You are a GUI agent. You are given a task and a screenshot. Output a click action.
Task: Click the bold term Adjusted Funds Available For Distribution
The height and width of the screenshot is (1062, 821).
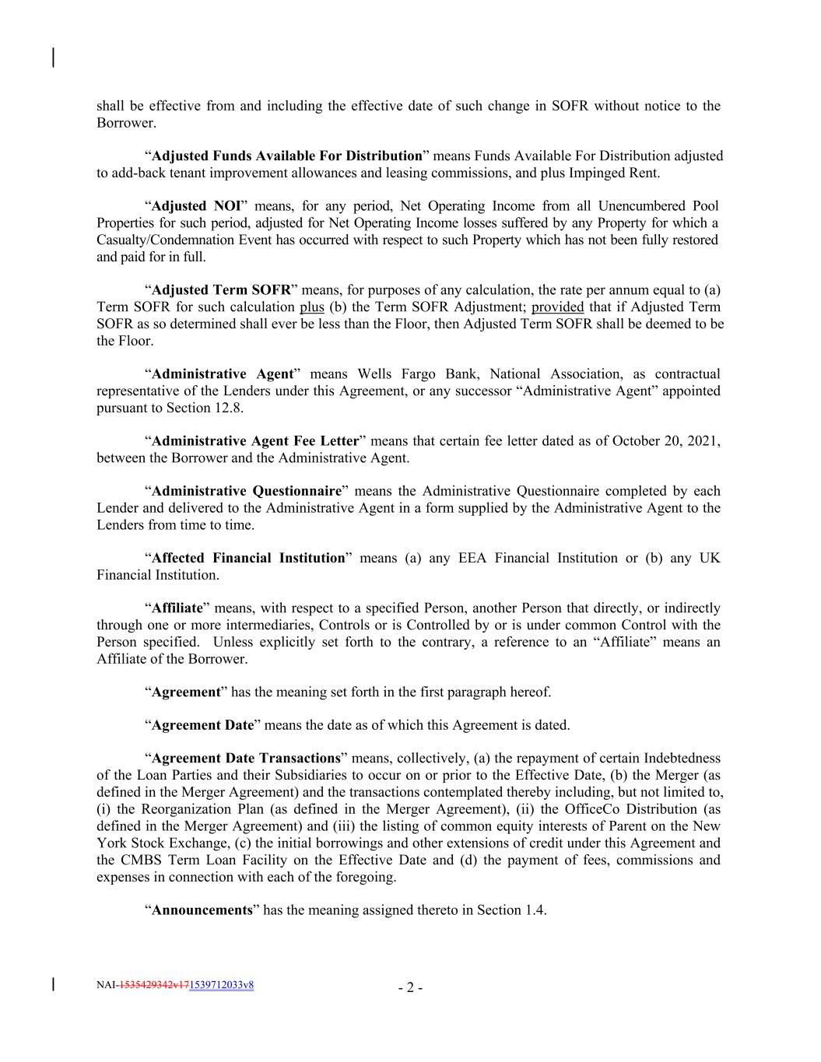[x=286, y=156]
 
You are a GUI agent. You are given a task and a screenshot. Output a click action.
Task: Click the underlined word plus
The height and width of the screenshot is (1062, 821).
[x=311, y=307]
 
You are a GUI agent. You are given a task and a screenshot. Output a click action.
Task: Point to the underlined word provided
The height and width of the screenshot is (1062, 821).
[x=557, y=307]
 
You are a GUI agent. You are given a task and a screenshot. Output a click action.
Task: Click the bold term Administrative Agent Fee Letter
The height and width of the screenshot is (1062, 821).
[x=254, y=441]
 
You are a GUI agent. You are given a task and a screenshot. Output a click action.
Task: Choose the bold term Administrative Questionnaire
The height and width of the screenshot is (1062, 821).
[x=246, y=491]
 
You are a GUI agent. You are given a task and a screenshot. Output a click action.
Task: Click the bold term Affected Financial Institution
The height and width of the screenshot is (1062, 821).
[x=247, y=558]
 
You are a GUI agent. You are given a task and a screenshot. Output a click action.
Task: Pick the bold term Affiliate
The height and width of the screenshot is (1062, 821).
[x=177, y=608]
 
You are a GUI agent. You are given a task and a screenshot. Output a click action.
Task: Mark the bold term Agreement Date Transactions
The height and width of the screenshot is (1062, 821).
[x=245, y=758]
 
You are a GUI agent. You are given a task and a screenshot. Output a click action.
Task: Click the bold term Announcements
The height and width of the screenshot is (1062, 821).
[x=202, y=910]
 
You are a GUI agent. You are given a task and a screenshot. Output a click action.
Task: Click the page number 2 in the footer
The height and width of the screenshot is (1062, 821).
[x=410, y=989]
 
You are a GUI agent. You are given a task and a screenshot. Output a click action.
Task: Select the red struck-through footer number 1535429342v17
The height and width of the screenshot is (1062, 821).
[x=153, y=985]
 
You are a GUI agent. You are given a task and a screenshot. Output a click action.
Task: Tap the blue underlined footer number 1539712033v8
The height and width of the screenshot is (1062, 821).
[x=221, y=985]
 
